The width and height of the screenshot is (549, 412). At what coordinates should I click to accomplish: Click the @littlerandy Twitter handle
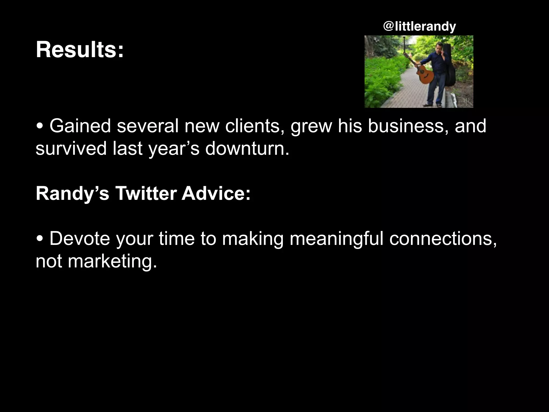coord(420,27)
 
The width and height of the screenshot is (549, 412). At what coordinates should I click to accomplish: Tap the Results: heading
coord(80,50)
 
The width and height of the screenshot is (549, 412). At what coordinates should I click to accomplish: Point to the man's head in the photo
coord(439,46)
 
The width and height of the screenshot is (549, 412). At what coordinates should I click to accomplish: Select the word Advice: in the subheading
coord(216,193)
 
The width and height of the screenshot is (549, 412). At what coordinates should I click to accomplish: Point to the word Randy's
coord(72,193)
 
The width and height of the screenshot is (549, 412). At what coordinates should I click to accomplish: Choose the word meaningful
coord(336,238)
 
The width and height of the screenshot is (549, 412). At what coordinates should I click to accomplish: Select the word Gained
coord(80,126)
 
